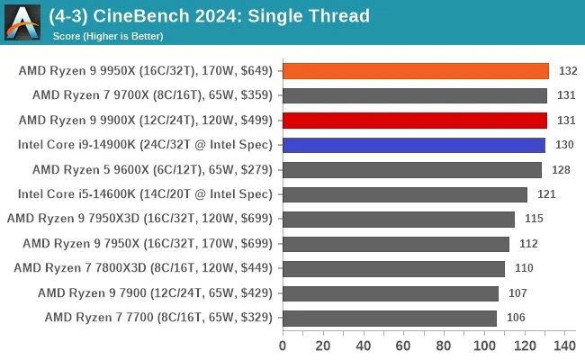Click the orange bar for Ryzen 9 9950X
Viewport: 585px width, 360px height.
point(415,71)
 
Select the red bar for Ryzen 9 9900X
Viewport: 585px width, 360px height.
point(415,121)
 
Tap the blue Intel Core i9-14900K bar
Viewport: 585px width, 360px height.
point(414,145)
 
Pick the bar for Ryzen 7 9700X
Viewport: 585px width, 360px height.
point(415,95)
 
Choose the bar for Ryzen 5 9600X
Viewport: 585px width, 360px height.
point(411,169)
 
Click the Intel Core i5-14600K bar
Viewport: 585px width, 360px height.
point(404,194)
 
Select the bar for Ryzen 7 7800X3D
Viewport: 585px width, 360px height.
point(393,268)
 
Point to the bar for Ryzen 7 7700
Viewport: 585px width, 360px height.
point(389,318)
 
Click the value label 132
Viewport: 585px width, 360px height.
point(568,71)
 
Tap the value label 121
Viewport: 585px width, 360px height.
point(546,194)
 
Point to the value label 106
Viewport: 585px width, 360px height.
point(516,318)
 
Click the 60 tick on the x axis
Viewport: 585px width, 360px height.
point(403,346)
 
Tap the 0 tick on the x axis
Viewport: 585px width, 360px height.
point(283,346)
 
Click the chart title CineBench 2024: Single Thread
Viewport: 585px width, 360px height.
point(209,16)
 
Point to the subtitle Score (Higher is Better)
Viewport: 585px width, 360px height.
point(108,36)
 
